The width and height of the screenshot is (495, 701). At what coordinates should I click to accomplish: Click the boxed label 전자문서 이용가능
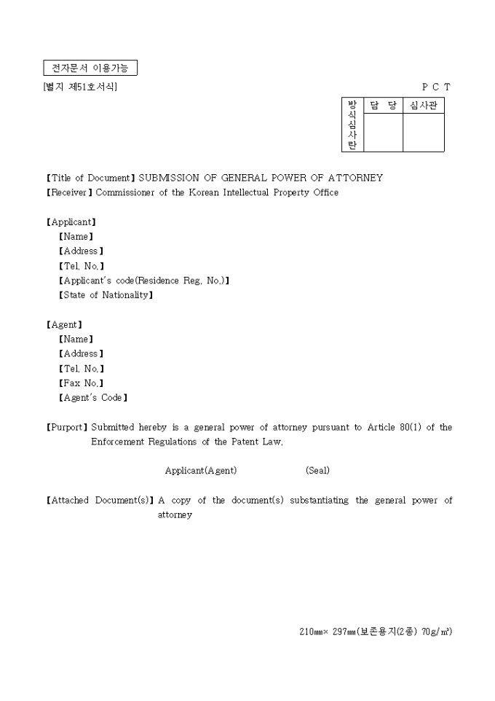[90, 68]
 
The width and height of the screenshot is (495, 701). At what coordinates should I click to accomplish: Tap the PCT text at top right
[436, 87]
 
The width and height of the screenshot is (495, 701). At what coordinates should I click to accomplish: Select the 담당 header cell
[383, 106]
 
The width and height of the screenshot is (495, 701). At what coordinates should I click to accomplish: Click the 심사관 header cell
[423, 106]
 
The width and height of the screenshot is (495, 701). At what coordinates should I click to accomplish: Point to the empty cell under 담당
[383, 133]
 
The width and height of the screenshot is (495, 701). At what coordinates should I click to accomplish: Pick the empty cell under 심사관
[423, 133]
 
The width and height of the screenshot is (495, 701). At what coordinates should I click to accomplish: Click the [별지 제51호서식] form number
[80, 87]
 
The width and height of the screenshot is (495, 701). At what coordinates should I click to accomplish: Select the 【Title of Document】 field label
[91, 178]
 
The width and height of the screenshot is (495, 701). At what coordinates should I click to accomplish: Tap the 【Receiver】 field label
[69, 192]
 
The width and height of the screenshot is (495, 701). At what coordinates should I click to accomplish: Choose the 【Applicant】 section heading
[71, 222]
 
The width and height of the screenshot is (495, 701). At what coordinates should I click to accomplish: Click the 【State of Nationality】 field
[106, 295]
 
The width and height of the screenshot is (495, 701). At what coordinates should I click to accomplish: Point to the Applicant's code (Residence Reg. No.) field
[143, 281]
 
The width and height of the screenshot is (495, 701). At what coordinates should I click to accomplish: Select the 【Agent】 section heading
[64, 324]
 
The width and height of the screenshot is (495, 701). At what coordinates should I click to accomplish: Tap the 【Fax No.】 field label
[81, 383]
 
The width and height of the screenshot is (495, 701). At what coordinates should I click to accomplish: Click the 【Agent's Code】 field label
[92, 398]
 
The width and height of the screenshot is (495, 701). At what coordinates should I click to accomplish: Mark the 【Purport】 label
[67, 427]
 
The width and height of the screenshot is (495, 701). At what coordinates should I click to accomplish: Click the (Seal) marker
[317, 471]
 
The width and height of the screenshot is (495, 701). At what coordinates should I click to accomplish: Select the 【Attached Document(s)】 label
[100, 501]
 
